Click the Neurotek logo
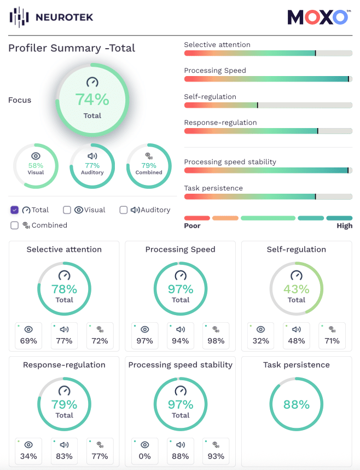(x=51, y=17)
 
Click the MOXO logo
(x=318, y=17)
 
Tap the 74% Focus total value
(x=92, y=99)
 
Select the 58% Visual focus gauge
(x=36, y=166)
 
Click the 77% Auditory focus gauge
(x=92, y=166)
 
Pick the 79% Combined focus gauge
(x=149, y=166)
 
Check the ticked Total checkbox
(x=15, y=210)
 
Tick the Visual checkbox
(x=67, y=210)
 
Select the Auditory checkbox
(x=123, y=210)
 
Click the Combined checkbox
(x=15, y=225)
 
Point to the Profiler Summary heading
(x=72, y=48)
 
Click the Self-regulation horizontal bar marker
(x=257, y=105)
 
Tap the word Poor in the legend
(x=192, y=225)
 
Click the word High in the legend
(x=344, y=225)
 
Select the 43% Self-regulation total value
(x=296, y=289)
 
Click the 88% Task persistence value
(x=296, y=405)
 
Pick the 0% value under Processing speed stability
(x=144, y=456)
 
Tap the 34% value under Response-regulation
(x=28, y=456)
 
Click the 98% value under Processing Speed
(x=216, y=341)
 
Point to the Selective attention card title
(x=64, y=249)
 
